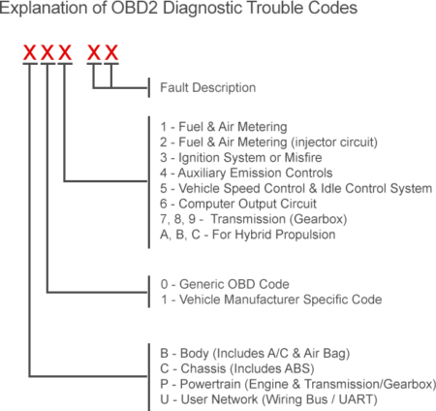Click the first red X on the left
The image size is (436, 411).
(x=30, y=50)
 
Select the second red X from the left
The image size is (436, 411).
(x=47, y=50)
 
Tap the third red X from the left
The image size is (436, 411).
(x=65, y=50)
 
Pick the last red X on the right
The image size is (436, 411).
(x=111, y=50)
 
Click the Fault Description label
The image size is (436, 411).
(x=207, y=87)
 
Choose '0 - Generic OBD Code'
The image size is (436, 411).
(x=223, y=284)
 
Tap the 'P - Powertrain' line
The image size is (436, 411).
(x=292, y=383)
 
